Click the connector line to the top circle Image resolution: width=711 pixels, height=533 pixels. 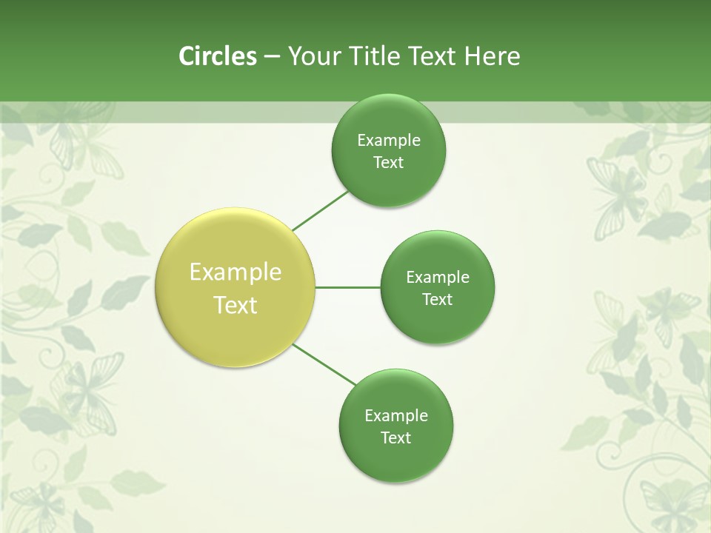pyautogui.click(x=321, y=210)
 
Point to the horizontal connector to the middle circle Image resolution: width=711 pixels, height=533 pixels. pyautogui.click(x=347, y=287)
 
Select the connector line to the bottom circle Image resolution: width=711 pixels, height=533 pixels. pyautogui.click(x=324, y=365)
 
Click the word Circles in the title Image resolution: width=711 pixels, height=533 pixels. pyautogui.click(x=217, y=56)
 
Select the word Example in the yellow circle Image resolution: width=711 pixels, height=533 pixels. pyautogui.click(x=236, y=272)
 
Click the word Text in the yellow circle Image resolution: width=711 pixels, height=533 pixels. pyautogui.click(x=236, y=305)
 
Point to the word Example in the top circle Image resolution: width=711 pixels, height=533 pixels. pyautogui.click(x=389, y=141)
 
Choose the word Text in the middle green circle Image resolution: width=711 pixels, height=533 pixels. pyautogui.click(x=438, y=300)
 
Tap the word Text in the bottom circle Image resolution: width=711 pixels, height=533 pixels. pyautogui.click(x=396, y=438)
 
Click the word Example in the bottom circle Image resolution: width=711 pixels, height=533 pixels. pyautogui.click(x=396, y=416)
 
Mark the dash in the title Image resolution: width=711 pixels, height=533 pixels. pyautogui.click(x=271, y=57)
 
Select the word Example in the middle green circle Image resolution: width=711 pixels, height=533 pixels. pyautogui.click(x=438, y=278)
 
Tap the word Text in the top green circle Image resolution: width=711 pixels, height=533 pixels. pyautogui.click(x=389, y=163)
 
